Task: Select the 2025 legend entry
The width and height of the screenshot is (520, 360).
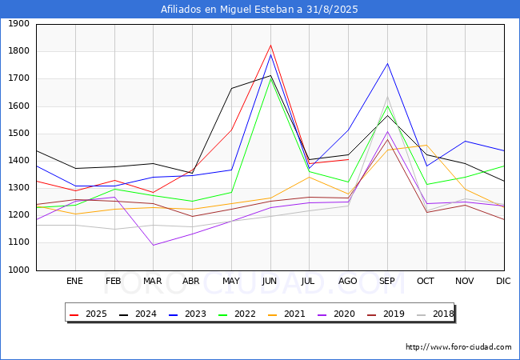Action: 88,314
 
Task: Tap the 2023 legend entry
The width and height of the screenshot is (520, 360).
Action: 187,314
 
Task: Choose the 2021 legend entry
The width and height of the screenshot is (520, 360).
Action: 286,314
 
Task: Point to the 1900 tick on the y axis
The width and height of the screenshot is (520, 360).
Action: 18,24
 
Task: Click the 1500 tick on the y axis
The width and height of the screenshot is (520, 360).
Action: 18,134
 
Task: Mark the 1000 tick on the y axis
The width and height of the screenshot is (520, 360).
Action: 18,270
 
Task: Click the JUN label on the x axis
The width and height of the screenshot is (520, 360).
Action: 270,281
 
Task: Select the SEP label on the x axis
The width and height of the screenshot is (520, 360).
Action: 386,281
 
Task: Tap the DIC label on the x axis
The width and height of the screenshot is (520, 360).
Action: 503,281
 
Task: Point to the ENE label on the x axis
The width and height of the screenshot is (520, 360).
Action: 74,281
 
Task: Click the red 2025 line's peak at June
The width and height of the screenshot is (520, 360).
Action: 270,45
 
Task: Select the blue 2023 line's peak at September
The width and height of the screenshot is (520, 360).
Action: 387,64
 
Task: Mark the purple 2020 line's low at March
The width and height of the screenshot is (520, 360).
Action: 154,246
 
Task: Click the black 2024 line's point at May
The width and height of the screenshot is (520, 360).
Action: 231,89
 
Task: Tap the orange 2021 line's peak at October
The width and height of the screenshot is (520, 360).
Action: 426,145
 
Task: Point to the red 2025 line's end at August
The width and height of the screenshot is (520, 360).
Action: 348,159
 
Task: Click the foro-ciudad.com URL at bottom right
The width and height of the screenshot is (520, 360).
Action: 458,347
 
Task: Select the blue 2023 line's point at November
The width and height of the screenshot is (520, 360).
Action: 466,142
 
